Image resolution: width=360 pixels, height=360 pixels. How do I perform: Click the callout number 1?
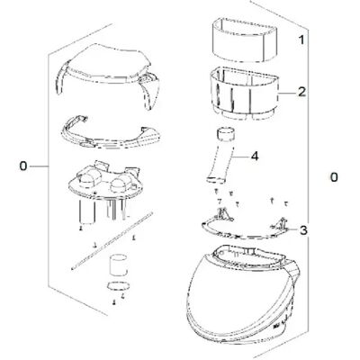pos(301,40)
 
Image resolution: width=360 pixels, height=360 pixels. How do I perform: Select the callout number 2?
pos(301,92)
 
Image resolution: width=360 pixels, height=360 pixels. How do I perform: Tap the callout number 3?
pos(303,230)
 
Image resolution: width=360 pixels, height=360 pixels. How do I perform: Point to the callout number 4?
pos(254,156)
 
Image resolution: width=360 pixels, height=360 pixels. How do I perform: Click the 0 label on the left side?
pos(23,166)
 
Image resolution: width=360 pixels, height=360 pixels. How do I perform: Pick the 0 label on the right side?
pos(334,177)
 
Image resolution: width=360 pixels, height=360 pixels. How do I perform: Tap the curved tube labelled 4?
pos(222,156)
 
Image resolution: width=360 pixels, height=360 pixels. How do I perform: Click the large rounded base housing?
pos(241,294)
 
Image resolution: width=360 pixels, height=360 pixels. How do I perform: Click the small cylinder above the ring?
pos(118,265)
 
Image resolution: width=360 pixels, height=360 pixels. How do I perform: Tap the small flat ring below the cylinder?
pos(118,285)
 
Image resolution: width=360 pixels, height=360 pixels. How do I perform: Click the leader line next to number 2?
pos(287,93)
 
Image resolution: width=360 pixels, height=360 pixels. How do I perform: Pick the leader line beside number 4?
pos(240,157)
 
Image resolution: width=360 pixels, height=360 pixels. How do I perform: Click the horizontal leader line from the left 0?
pos(39,166)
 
